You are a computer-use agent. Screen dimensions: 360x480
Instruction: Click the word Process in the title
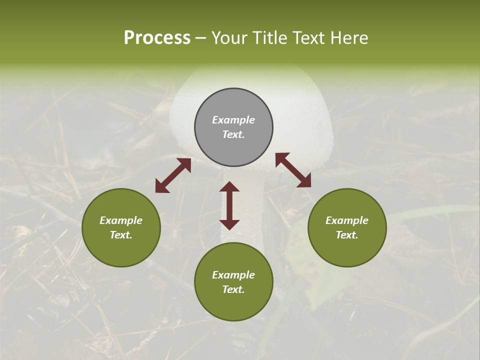point(157,38)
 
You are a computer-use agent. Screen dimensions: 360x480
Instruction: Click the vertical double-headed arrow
point(229,205)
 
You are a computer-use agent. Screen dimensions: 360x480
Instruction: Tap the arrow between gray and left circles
point(173,175)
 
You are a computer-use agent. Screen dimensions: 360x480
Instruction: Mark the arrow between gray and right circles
point(293,170)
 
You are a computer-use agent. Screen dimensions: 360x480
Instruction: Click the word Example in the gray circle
point(233,120)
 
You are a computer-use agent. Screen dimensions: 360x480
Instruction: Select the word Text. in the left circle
point(121,235)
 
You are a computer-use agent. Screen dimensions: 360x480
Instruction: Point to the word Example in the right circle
point(347,220)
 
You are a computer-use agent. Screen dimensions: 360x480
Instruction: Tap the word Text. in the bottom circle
point(233,289)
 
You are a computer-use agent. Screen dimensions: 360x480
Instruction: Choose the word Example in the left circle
point(121,220)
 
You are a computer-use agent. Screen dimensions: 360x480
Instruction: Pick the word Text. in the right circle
point(347,235)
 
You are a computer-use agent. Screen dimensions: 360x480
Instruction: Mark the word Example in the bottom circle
point(233,275)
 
